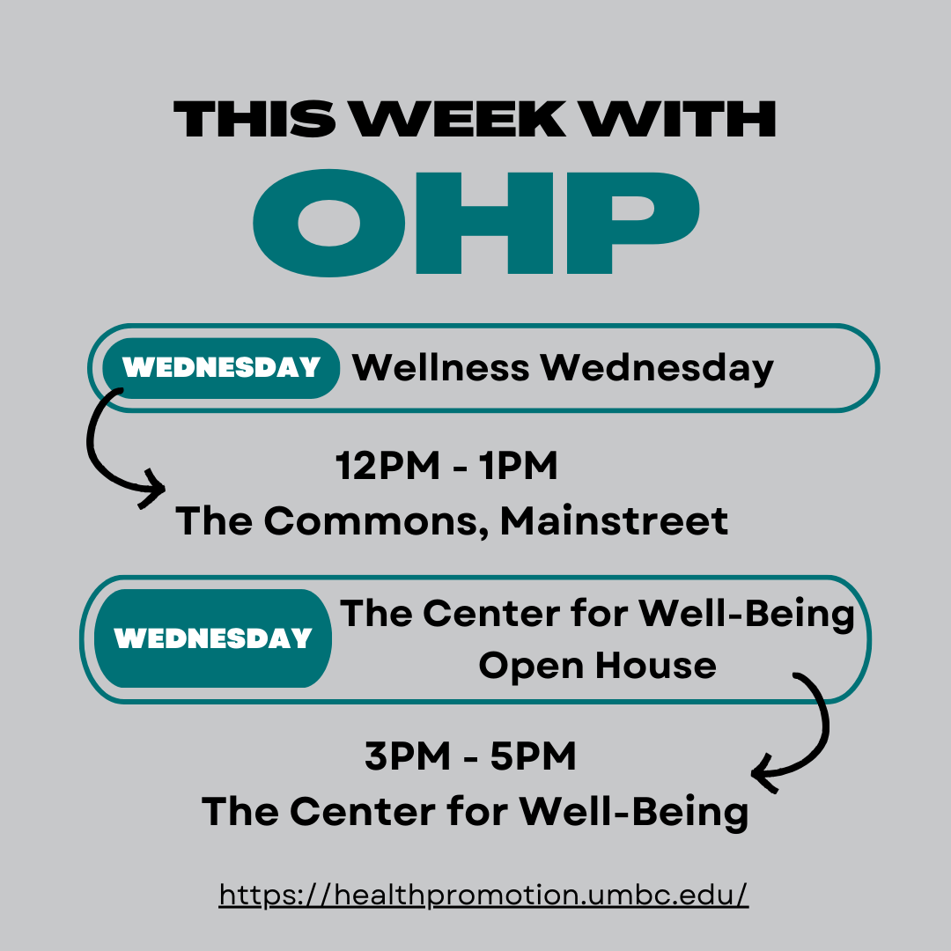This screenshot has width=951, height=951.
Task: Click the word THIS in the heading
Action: point(254,119)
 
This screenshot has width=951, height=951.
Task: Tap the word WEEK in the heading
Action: point(459,119)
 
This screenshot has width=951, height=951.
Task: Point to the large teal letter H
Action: point(484,223)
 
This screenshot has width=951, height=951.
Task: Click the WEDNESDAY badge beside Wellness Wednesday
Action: point(221,368)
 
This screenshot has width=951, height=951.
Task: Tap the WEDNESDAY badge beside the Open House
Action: point(213,638)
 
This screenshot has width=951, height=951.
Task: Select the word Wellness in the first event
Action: point(441,367)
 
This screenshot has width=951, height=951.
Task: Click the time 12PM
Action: point(387,466)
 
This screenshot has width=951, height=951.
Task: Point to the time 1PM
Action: point(518,466)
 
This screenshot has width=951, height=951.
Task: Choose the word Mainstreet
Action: point(614,520)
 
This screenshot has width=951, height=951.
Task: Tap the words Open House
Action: point(597,666)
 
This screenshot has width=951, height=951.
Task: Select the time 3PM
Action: point(408,756)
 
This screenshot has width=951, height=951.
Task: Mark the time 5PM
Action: point(533,756)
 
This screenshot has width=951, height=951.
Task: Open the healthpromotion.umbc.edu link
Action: point(483,896)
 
